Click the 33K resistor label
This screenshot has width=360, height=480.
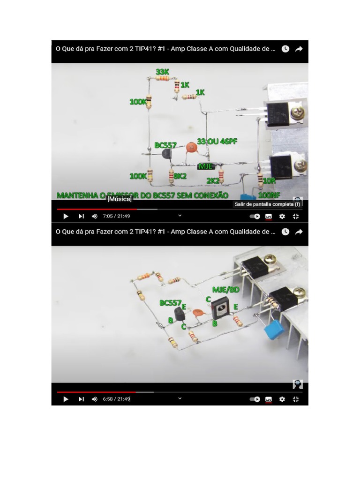point(162,72)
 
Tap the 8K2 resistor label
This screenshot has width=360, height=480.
point(180,176)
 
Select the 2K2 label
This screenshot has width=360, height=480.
point(213,180)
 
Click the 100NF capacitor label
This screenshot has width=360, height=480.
point(269,194)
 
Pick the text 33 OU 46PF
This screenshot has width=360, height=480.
point(217,141)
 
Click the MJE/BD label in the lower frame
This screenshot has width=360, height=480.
point(225,290)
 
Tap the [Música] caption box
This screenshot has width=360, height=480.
point(120,199)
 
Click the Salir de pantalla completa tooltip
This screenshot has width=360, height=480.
point(267,204)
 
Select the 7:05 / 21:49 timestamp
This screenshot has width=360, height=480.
point(116,216)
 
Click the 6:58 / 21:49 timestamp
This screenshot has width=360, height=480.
point(116,399)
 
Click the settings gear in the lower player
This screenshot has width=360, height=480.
point(282,399)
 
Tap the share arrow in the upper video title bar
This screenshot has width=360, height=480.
point(299,49)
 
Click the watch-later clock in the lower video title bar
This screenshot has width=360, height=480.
point(285,232)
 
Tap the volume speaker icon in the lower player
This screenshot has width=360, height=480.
point(94,399)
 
